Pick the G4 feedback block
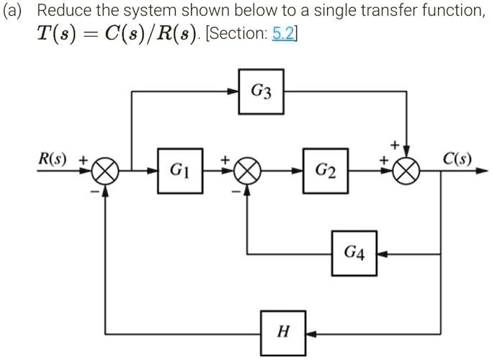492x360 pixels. click(354, 253)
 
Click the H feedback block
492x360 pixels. click(283, 333)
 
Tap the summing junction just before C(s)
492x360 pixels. click(408, 172)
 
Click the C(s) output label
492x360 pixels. click(457, 157)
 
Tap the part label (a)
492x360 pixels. click(17, 12)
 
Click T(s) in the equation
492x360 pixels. click(54, 37)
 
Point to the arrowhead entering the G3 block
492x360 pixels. click(236, 91)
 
